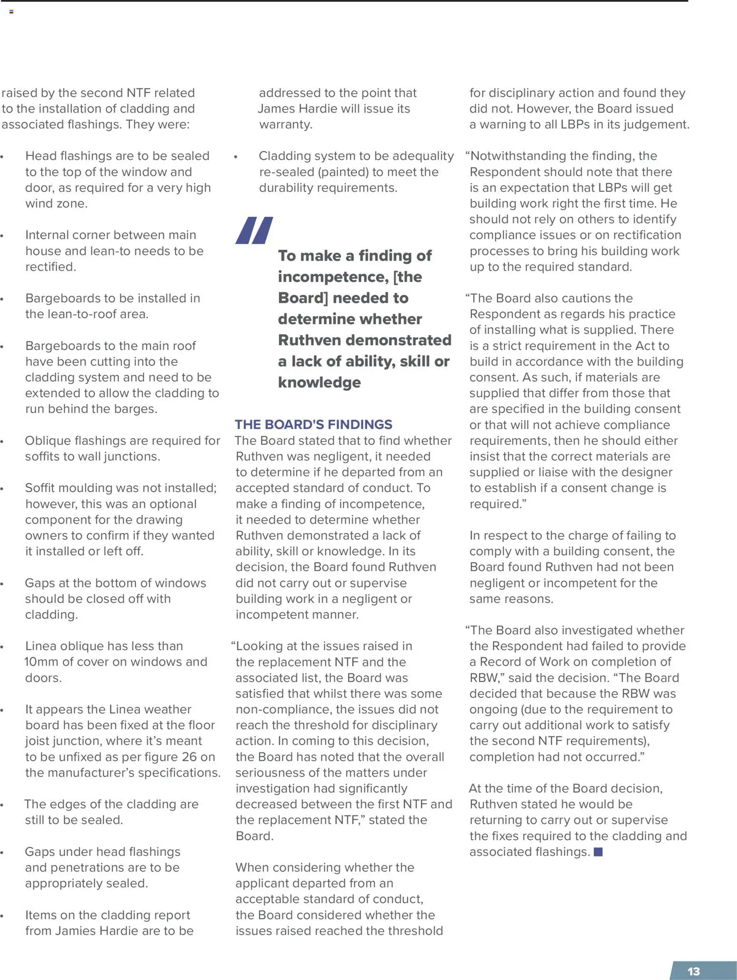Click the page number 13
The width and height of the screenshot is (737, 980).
[x=693, y=971]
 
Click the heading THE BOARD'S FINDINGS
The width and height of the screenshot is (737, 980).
[x=313, y=424]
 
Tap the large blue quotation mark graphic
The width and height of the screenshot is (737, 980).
[x=254, y=231]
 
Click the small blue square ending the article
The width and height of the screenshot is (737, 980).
[x=598, y=852]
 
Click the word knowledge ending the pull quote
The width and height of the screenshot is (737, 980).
[x=319, y=382]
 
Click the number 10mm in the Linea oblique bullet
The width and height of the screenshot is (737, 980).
[x=39, y=661]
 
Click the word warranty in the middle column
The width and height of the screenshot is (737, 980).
[x=285, y=125]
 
